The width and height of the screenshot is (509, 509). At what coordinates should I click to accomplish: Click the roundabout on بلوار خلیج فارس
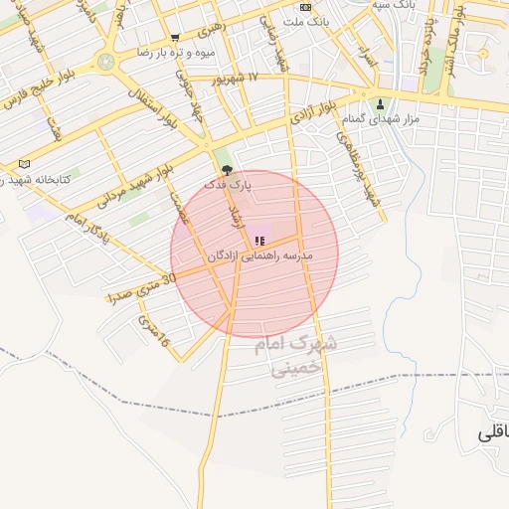click(105, 62)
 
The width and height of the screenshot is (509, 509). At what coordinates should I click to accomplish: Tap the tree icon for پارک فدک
click(227, 170)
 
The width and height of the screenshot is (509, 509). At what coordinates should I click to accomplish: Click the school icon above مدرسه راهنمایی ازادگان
click(259, 240)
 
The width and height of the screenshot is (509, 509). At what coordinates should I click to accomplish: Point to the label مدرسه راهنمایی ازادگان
click(259, 256)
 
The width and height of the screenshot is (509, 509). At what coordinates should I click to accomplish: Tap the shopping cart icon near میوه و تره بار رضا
click(174, 39)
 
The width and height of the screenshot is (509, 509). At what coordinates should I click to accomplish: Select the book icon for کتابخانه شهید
click(24, 164)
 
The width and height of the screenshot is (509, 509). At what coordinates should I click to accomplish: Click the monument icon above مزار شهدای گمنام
click(379, 103)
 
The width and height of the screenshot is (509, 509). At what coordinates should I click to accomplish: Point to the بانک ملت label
click(304, 20)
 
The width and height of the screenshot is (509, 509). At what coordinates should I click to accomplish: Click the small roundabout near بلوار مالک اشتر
click(483, 53)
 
